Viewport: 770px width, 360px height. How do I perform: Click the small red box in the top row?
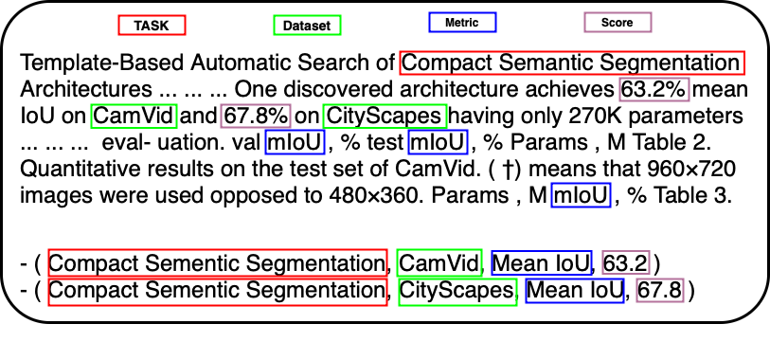[x=152, y=25]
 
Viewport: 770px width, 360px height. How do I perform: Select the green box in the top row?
[x=307, y=25]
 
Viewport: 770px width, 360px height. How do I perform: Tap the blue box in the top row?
[x=462, y=22]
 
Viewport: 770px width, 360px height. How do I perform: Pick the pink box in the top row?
[x=618, y=22]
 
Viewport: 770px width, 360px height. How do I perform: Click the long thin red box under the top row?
[x=572, y=63]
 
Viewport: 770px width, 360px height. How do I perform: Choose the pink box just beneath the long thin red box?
[x=654, y=89]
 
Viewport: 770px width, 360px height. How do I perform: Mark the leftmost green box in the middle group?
[x=134, y=116]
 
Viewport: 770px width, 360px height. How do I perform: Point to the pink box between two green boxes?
[x=255, y=116]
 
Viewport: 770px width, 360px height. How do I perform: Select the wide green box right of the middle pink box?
[x=385, y=116]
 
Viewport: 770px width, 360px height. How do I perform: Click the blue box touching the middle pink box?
[x=295, y=142]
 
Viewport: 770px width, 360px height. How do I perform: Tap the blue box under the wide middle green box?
[x=438, y=142]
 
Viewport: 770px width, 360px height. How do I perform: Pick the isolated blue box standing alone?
[x=581, y=194]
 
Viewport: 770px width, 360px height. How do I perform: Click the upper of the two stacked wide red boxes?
[x=218, y=262]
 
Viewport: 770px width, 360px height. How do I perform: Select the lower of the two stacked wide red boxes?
[x=218, y=292]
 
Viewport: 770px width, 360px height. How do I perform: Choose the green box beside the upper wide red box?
[x=439, y=262]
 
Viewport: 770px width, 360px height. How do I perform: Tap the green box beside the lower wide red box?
[x=457, y=292]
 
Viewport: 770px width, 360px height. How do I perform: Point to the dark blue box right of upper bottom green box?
[x=541, y=262]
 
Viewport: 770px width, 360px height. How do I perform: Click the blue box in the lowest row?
[x=574, y=291]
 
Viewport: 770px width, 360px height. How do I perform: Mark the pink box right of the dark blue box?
[x=625, y=262]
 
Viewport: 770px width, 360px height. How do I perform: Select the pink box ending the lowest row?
[x=659, y=290]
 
